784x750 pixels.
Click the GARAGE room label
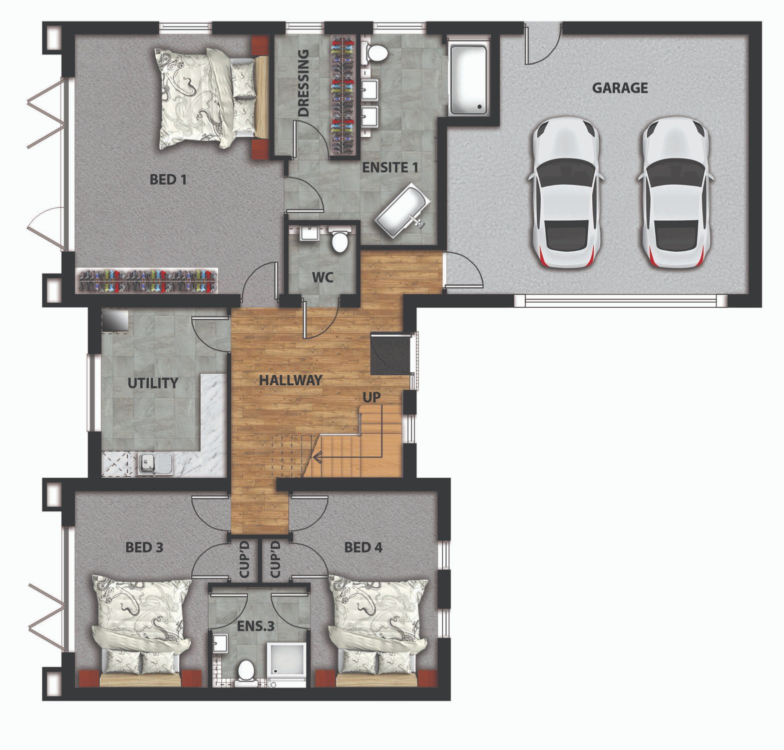point(620,88)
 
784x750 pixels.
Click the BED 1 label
point(168,179)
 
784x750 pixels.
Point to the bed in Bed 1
point(212,98)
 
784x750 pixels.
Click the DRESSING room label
point(303,83)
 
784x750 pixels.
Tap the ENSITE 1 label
point(390,167)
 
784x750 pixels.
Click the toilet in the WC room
point(340,240)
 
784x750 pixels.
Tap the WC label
point(322,277)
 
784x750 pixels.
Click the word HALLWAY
point(290,380)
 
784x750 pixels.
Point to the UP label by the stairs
point(371,397)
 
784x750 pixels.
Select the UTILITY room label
point(153,383)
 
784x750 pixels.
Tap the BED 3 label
point(144,548)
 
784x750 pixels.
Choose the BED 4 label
point(363,548)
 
